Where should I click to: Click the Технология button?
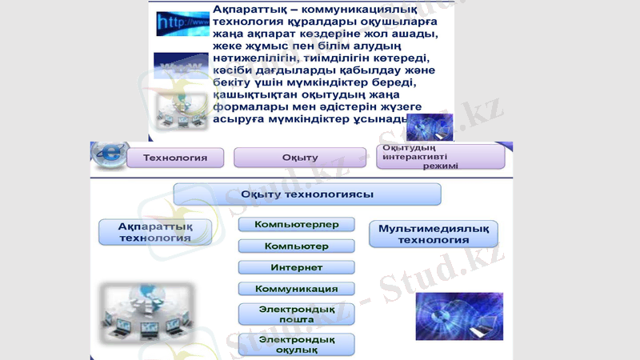click(174, 158)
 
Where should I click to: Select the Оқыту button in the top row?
click(299, 158)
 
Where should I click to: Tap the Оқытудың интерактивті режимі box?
click(440, 157)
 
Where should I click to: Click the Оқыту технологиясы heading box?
click(307, 194)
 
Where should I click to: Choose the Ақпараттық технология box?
click(156, 232)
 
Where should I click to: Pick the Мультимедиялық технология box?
click(433, 234)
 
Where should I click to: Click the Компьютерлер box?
click(296, 225)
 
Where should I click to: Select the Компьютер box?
click(296, 246)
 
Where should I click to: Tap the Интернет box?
click(296, 267)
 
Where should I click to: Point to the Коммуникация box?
click(296, 289)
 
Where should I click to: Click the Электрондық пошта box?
click(296, 314)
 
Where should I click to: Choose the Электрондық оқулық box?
click(296, 345)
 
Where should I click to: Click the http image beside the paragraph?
click(181, 25)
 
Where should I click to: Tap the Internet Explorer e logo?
click(106, 154)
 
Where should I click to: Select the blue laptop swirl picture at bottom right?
click(458, 316)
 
